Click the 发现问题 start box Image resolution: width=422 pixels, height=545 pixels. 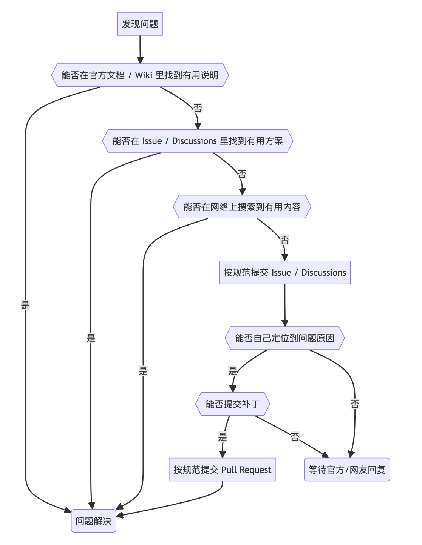[x=140, y=24]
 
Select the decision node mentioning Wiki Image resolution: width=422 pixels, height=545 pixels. [x=140, y=75]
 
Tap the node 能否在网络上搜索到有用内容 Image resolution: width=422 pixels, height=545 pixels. [x=242, y=207]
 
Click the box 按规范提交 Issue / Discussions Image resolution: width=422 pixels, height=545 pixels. [x=284, y=272]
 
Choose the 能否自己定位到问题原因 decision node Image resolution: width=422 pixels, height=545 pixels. [x=284, y=338]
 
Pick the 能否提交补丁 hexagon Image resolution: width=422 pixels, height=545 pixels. [x=232, y=404]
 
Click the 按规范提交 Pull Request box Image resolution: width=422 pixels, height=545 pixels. [x=222, y=470]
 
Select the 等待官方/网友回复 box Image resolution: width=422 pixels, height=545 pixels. [x=347, y=470]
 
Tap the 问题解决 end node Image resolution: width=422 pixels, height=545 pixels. [x=93, y=521]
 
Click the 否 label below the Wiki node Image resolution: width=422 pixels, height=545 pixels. [x=198, y=108]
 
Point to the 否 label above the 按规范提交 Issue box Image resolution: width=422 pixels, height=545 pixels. [x=284, y=239]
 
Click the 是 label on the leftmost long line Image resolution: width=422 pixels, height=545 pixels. [x=25, y=305]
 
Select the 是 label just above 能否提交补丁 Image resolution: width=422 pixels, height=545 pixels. [x=233, y=371]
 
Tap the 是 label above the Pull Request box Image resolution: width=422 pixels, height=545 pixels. [x=223, y=437]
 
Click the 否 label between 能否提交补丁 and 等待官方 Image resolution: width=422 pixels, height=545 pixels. [x=295, y=437]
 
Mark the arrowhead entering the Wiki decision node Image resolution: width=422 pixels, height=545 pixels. [x=140, y=60]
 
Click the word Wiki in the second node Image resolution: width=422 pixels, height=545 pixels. [x=144, y=75]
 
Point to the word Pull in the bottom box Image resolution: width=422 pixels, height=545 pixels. [x=229, y=470]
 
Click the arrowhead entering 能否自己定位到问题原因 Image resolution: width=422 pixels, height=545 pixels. [x=285, y=323]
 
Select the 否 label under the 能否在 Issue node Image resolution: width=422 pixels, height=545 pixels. [x=242, y=174]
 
